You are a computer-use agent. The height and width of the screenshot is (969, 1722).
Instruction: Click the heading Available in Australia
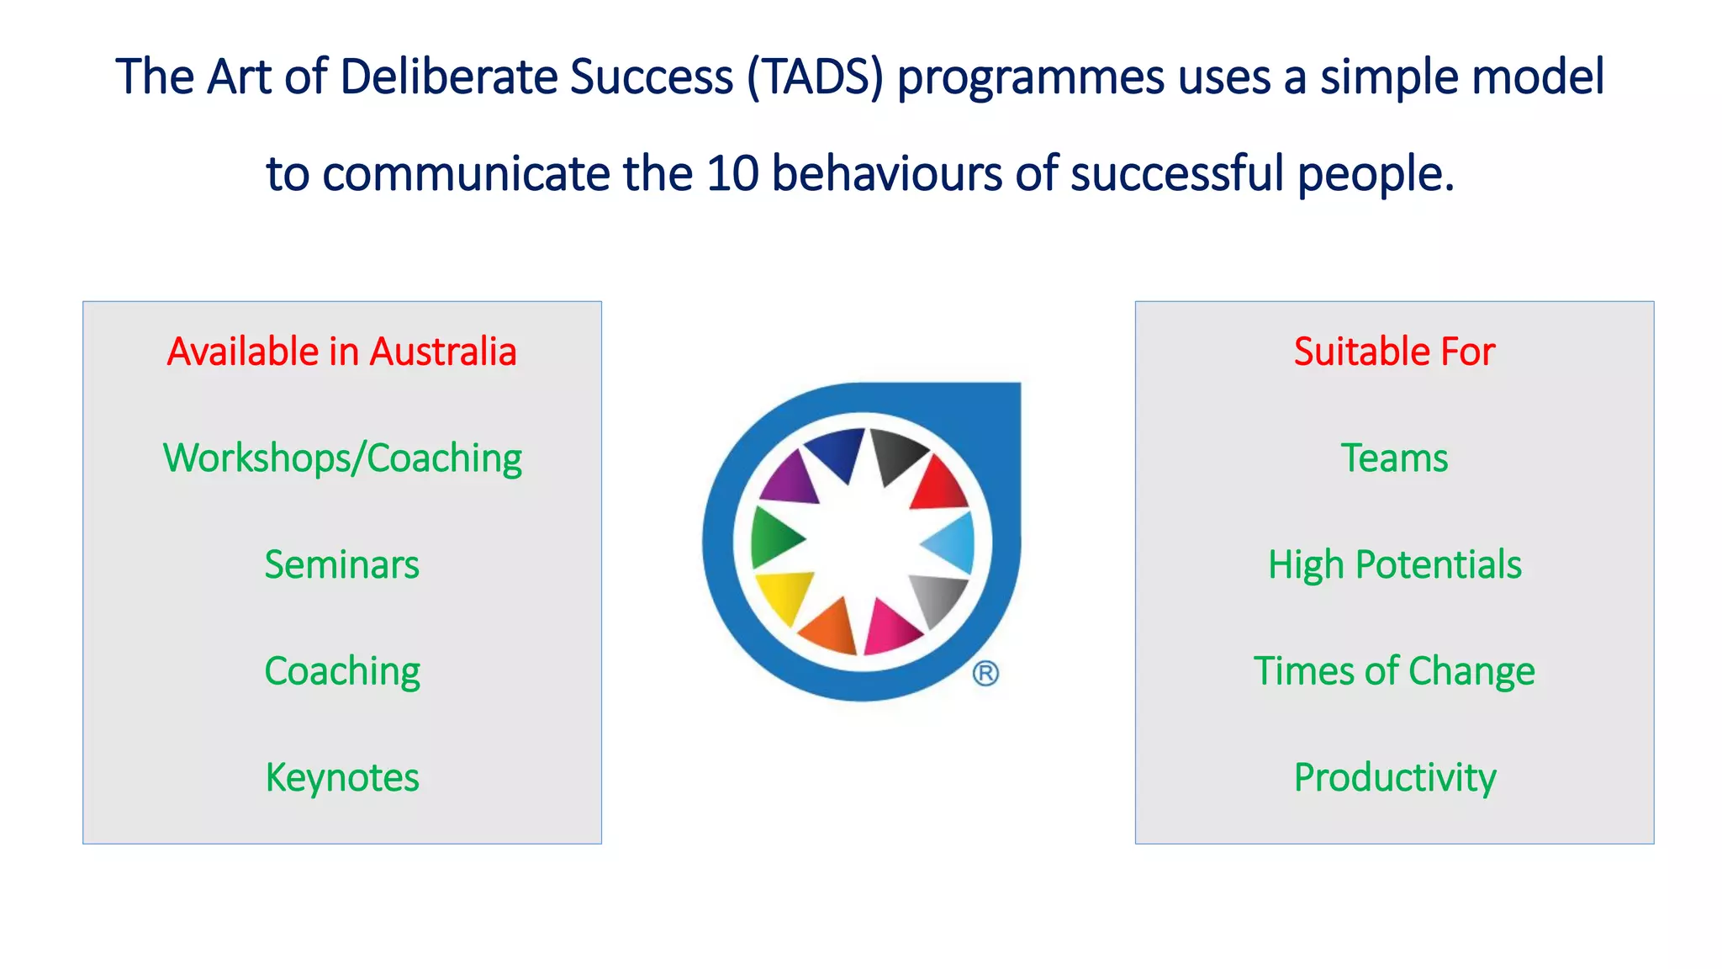click(341, 352)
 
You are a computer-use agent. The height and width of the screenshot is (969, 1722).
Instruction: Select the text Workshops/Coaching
click(341, 459)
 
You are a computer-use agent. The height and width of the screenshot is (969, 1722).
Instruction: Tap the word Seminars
click(341, 564)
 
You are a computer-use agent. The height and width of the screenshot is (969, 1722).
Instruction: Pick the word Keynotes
click(341, 777)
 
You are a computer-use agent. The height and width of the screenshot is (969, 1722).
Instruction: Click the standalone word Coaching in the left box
click(341, 671)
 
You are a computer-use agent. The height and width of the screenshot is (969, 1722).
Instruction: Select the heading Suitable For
click(1394, 352)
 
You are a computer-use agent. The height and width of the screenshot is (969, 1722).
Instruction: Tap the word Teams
click(1394, 458)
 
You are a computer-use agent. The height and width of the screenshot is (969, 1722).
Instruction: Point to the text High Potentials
click(1394, 564)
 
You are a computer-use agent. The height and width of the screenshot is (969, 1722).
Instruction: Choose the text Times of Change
click(1394, 671)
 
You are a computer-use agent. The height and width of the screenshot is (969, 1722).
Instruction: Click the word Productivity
click(1394, 777)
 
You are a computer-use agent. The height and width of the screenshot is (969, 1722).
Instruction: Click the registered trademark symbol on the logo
click(985, 674)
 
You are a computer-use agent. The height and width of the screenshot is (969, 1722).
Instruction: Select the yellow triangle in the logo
click(783, 594)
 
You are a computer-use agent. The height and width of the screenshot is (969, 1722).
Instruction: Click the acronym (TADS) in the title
click(815, 77)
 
